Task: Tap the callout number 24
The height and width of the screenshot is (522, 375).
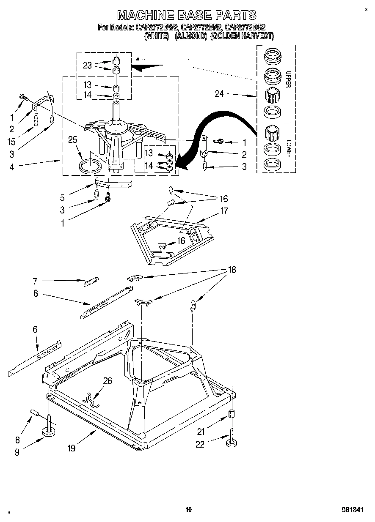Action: coord(219,94)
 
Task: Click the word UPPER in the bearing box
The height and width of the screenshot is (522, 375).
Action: coord(288,79)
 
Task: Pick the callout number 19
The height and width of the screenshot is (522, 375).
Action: coord(71,448)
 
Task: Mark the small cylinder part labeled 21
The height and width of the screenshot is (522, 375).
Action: coord(232,414)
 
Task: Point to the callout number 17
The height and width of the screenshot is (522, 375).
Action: coord(223,211)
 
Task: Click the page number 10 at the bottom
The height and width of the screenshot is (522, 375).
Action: coord(189,510)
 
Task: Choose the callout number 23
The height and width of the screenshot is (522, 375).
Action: coord(87,65)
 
